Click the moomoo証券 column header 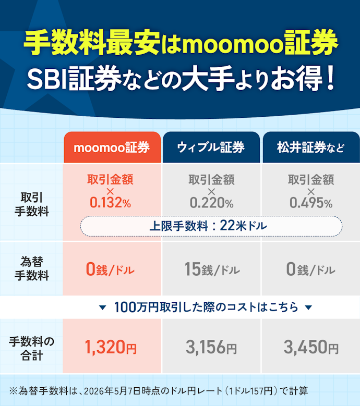click(112, 147)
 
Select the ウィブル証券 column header click(211, 147)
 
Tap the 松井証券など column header click(311, 147)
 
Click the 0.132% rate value click(111, 203)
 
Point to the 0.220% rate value click(211, 203)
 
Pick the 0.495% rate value click(311, 203)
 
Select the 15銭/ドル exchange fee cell click(212, 269)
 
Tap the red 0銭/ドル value click(110, 269)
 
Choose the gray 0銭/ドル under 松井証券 click(311, 269)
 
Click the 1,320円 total click(111, 347)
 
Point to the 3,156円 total click(211, 347)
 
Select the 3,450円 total click(311, 347)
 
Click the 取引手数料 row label click(32, 204)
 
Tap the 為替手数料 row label click(32, 268)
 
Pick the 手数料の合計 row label click(32, 349)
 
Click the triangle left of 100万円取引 click(103, 307)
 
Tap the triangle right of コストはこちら click(308, 307)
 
